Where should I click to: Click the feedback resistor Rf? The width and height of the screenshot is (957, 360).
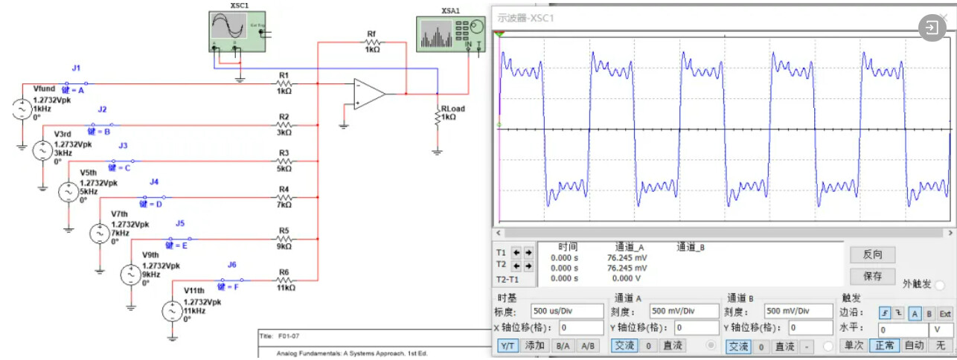[372, 43]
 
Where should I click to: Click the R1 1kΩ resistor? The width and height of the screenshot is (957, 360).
[284, 83]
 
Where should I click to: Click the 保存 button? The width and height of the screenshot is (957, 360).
[873, 276]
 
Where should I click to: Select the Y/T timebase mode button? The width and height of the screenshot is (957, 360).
[508, 346]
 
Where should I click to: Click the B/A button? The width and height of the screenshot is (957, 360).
[563, 346]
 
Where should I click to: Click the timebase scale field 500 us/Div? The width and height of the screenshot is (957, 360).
[566, 311]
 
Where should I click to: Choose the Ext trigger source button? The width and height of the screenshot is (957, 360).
[944, 313]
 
